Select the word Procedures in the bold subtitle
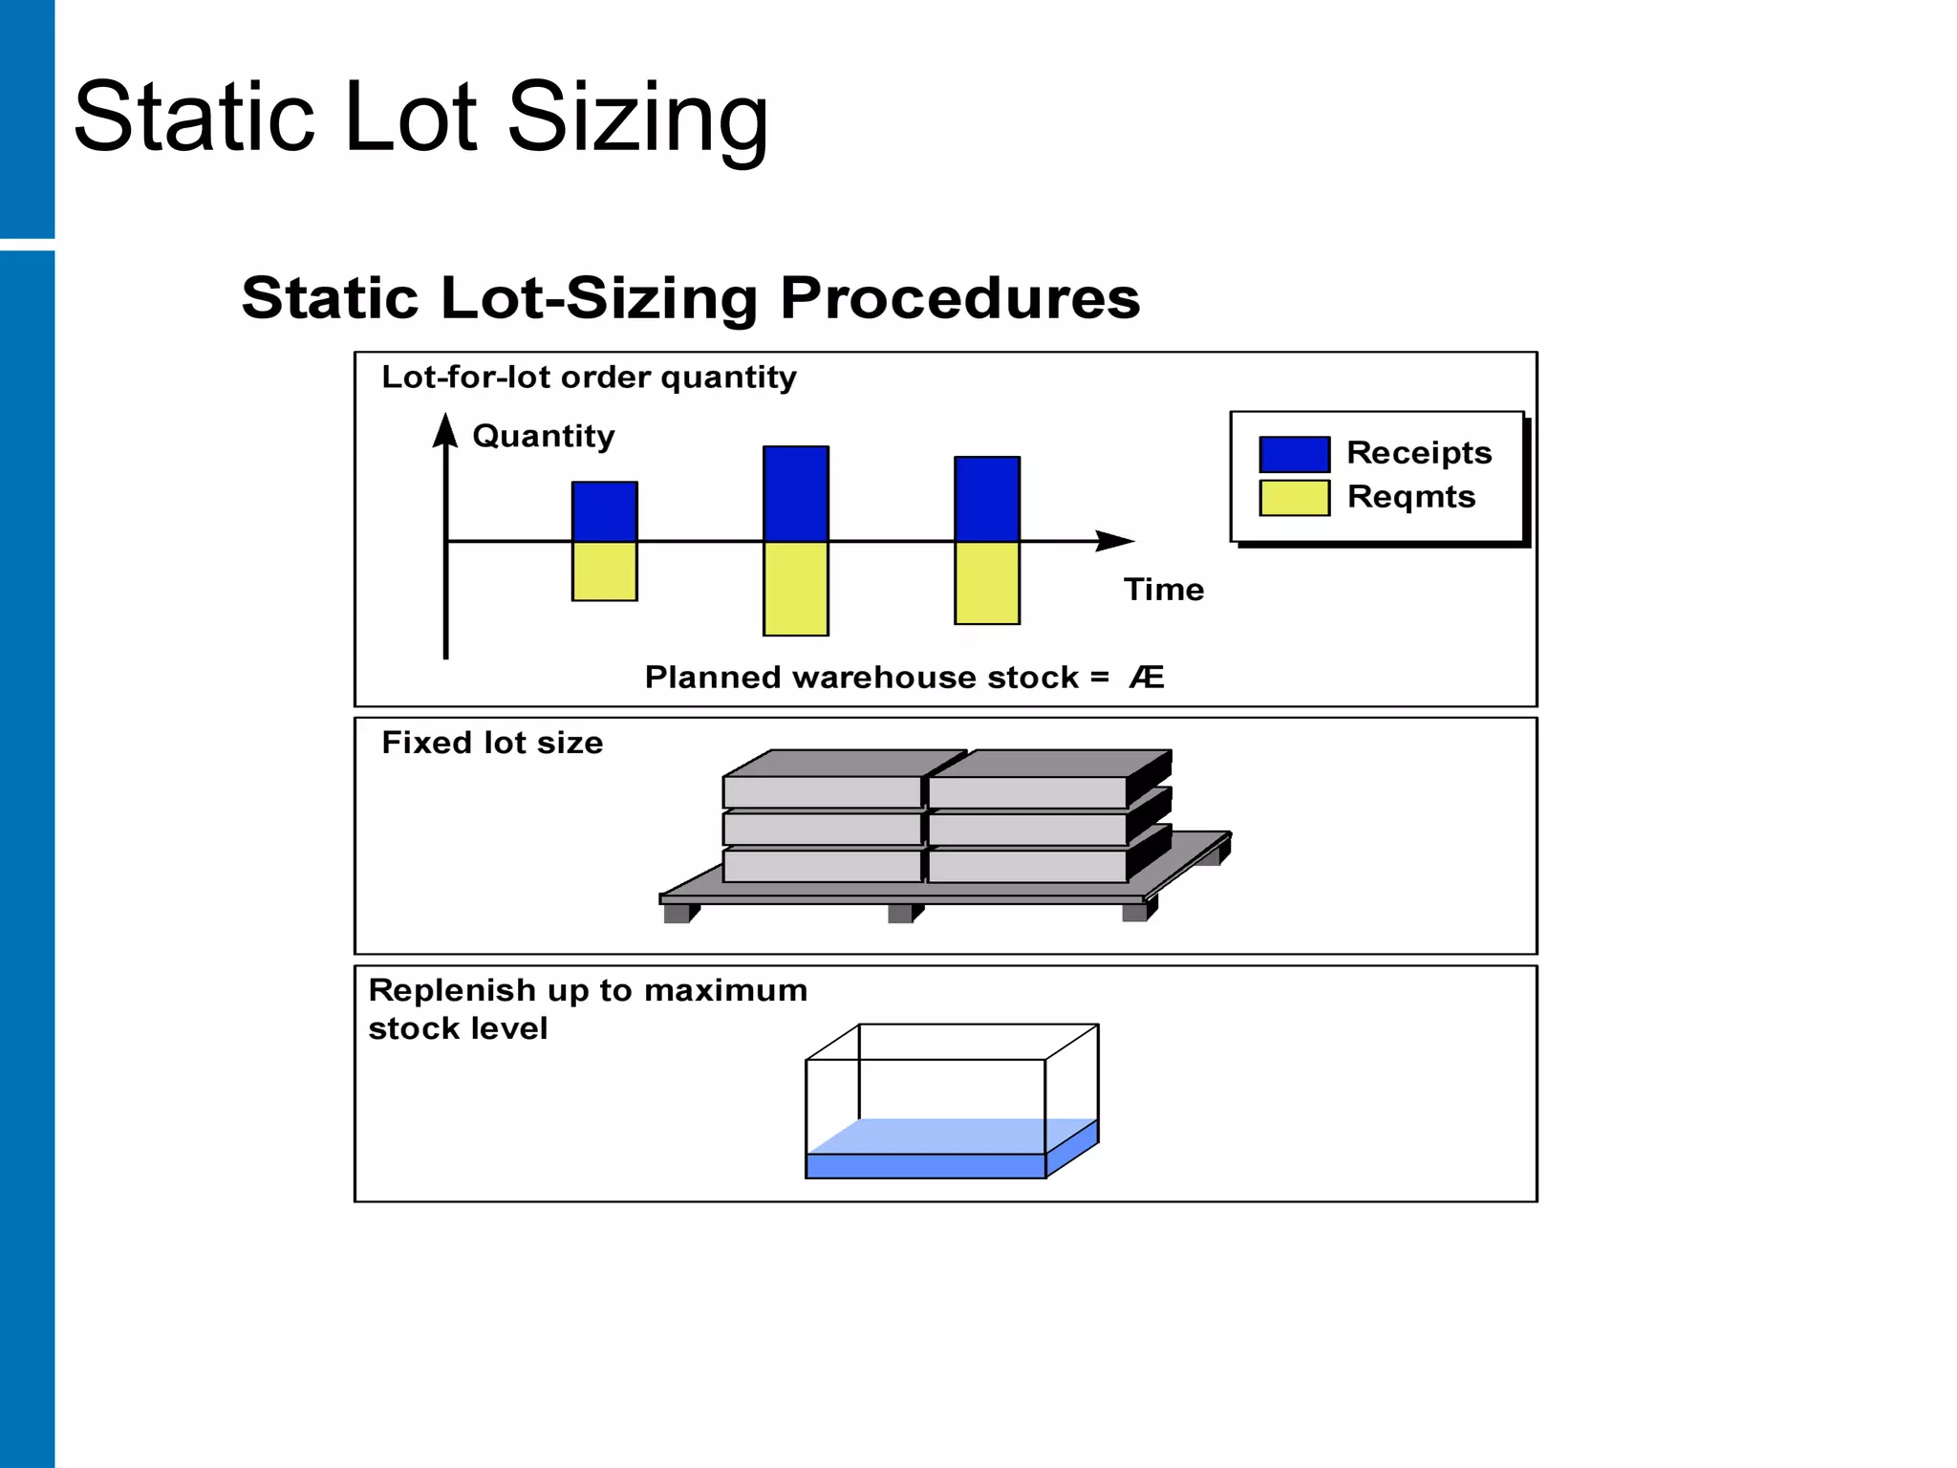tap(959, 297)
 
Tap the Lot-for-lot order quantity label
tap(589, 378)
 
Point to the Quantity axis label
tap(543, 436)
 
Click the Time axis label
tap(1163, 590)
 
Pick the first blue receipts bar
tap(604, 511)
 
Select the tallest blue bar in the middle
tap(795, 493)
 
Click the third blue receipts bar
tap(987, 499)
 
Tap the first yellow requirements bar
tap(604, 572)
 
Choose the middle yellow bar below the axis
tap(795, 588)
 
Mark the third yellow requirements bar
tap(987, 583)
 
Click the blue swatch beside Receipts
tap(1294, 454)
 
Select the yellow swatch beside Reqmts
tap(1294, 498)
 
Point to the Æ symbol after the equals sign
tap(1147, 678)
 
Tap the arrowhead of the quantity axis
tap(445, 431)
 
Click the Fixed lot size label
tap(492, 743)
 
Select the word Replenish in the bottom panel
tap(451, 990)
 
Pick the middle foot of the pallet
tap(901, 914)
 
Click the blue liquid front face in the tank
tap(925, 1166)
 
